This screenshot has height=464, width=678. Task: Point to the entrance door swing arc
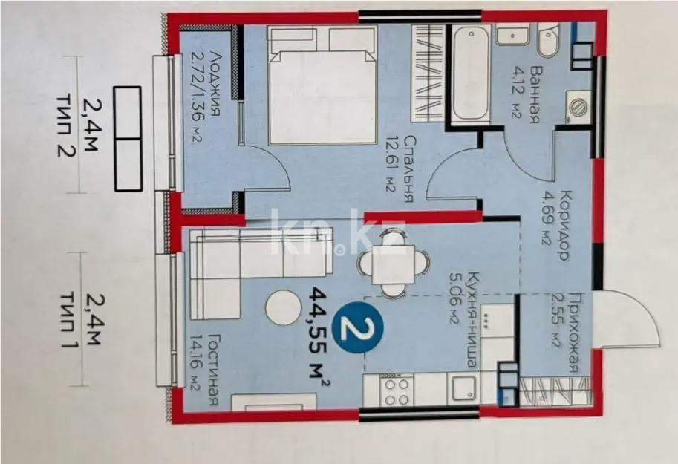click(x=635, y=316)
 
